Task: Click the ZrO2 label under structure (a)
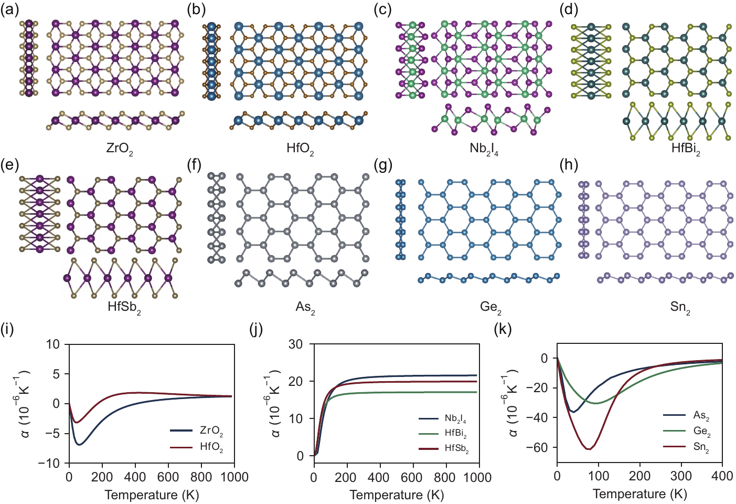120,150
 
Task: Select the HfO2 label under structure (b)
300,149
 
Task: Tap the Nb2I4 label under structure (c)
484,149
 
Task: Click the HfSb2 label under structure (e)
124,308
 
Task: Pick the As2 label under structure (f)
305,308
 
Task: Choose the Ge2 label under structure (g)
490,308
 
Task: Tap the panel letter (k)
503,330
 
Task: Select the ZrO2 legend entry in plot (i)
197,430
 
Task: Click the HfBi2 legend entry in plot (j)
443,434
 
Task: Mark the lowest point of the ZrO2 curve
79,445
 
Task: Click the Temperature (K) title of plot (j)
396,495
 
